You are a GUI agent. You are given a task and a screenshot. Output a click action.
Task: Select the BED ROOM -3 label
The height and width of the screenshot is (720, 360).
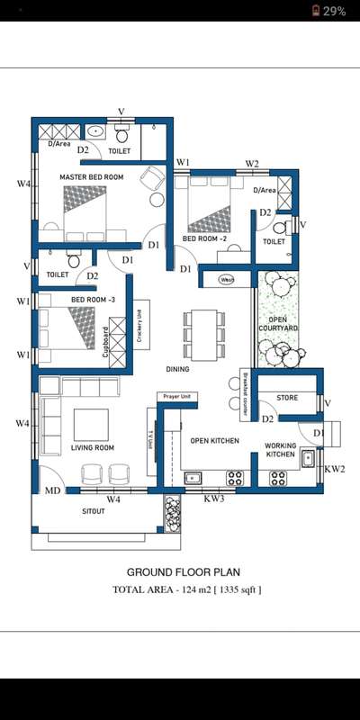pyautogui.click(x=94, y=298)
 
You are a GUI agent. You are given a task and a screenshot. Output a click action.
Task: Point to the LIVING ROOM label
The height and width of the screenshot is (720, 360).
pyautogui.click(x=92, y=447)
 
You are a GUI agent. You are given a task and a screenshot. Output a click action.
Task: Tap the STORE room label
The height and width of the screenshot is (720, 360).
pyautogui.click(x=287, y=397)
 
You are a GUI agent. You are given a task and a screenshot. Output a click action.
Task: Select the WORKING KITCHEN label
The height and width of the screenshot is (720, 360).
pyautogui.click(x=287, y=450)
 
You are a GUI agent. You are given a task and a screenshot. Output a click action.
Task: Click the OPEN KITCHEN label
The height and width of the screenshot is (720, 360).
pyautogui.click(x=214, y=440)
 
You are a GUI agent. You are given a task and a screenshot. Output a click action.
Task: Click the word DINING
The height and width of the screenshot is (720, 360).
pyautogui.click(x=177, y=369)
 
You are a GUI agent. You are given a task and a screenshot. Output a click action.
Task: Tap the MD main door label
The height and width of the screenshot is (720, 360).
pyautogui.click(x=53, y=491)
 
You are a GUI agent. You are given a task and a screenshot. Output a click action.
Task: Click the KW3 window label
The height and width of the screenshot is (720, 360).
pyautogui.click(x=214, y=498)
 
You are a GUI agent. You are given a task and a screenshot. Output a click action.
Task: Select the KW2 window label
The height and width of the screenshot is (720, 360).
pyautogui.click(x=334, y=469)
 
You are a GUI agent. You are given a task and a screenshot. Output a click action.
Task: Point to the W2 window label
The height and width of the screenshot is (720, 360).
pyautogui.click(x=252, y=164)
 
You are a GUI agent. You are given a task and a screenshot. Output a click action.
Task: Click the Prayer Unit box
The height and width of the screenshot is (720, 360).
pyautogui.click(x=176, y=396)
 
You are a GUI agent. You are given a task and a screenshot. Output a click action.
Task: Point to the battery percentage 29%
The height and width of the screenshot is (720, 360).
pyautogui.click(x=334, y=11)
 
